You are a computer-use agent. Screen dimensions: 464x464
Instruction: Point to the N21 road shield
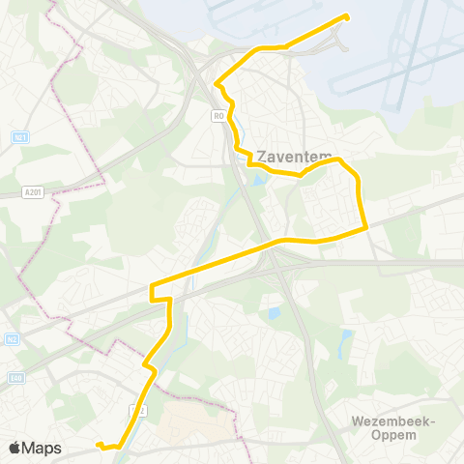tap(19, 137)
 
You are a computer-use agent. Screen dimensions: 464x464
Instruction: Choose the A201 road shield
tap(31, 192)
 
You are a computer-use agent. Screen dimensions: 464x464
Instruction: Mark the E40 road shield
tap(14, 378)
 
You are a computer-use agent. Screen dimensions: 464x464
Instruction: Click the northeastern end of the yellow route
tap(345, 16)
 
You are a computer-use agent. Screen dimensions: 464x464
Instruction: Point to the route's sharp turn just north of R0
tap(216, 83)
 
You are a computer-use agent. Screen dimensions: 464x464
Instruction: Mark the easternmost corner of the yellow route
tap(366, 228)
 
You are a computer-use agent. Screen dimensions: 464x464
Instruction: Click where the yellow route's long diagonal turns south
tap(153, 286)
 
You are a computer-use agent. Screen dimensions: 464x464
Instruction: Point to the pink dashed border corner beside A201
tap(103, 182)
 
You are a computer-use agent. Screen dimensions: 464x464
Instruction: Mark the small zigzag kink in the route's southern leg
tap(149, 367)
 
